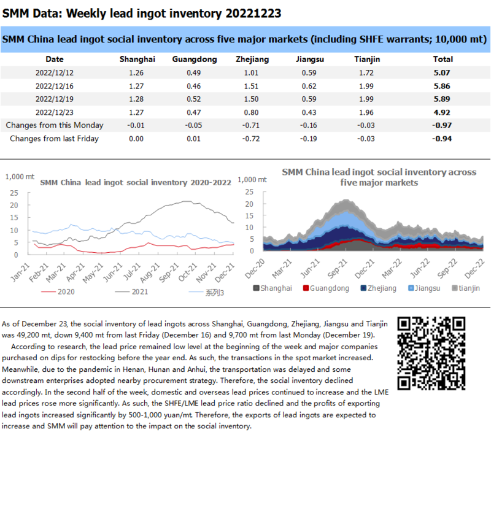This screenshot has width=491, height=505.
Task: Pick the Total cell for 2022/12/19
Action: [443, 99]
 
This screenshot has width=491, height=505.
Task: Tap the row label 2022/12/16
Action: [55, 86]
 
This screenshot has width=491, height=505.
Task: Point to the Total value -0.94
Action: [443, 139]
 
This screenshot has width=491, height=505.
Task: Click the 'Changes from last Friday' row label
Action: [54, 139]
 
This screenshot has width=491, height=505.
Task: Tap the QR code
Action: [431, 353]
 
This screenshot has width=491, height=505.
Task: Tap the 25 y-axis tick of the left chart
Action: [14, 192]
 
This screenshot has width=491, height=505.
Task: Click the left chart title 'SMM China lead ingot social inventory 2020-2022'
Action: [135, 182]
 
